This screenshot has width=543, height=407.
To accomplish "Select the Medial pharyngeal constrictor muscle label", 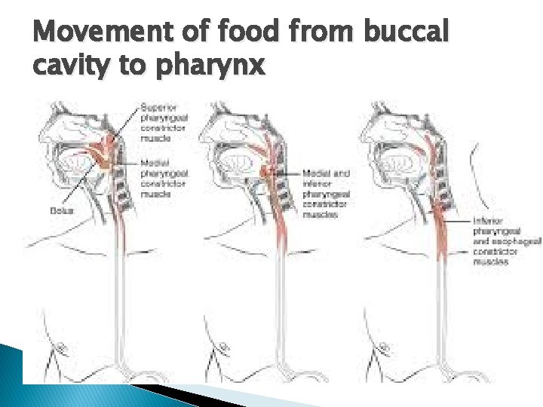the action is pos(164,178).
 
